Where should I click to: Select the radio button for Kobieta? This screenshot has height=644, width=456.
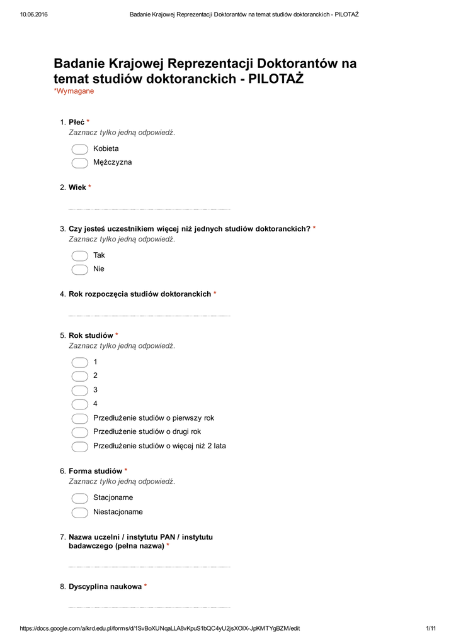pos(79,149)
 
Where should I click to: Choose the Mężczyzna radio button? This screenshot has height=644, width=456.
pos(79,163)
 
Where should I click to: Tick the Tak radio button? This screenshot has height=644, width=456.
pos(79,256)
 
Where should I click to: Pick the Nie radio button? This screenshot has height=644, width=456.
pos(79,270)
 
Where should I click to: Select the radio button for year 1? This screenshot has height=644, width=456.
pos(79,363)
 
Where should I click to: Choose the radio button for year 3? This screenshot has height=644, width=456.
pos(79,391)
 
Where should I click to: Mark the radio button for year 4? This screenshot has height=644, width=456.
pos(79,404)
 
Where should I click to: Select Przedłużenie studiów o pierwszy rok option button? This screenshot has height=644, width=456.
pos(79,419)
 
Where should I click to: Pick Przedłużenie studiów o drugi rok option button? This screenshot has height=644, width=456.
pos(79,433)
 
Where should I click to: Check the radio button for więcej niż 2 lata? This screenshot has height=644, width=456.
pos(79,447)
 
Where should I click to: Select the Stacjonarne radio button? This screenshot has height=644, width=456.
pos(79,498)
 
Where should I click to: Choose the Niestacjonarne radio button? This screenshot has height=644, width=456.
pos(79,513)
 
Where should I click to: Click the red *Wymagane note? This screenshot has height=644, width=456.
pos(74,92)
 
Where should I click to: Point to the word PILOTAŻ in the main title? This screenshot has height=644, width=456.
pos(276,80)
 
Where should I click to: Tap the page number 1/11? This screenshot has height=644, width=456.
pos(431,629)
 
